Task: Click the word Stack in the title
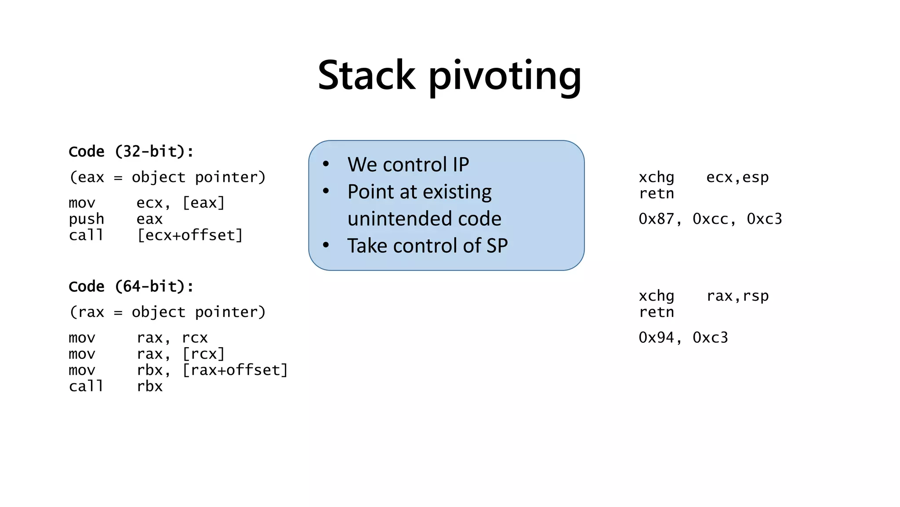[366, 75]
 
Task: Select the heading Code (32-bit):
[131, 151]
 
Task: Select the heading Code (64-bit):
[131, 287]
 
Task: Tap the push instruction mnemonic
[86, 219]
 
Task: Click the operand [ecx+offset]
[190, 235]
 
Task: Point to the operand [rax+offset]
[235, 370]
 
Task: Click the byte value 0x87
[656, 219]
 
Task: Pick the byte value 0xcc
[710, 219]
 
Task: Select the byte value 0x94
[656, 338]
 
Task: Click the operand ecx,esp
[737, 177]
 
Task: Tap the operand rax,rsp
[737, 296]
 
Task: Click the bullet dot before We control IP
[326, 165]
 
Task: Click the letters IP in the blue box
[461, 165]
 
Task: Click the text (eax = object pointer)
[167, 177]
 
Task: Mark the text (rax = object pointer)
[167, 312]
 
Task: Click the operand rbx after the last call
[149, 386]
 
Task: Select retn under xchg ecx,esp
[656, 194]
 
